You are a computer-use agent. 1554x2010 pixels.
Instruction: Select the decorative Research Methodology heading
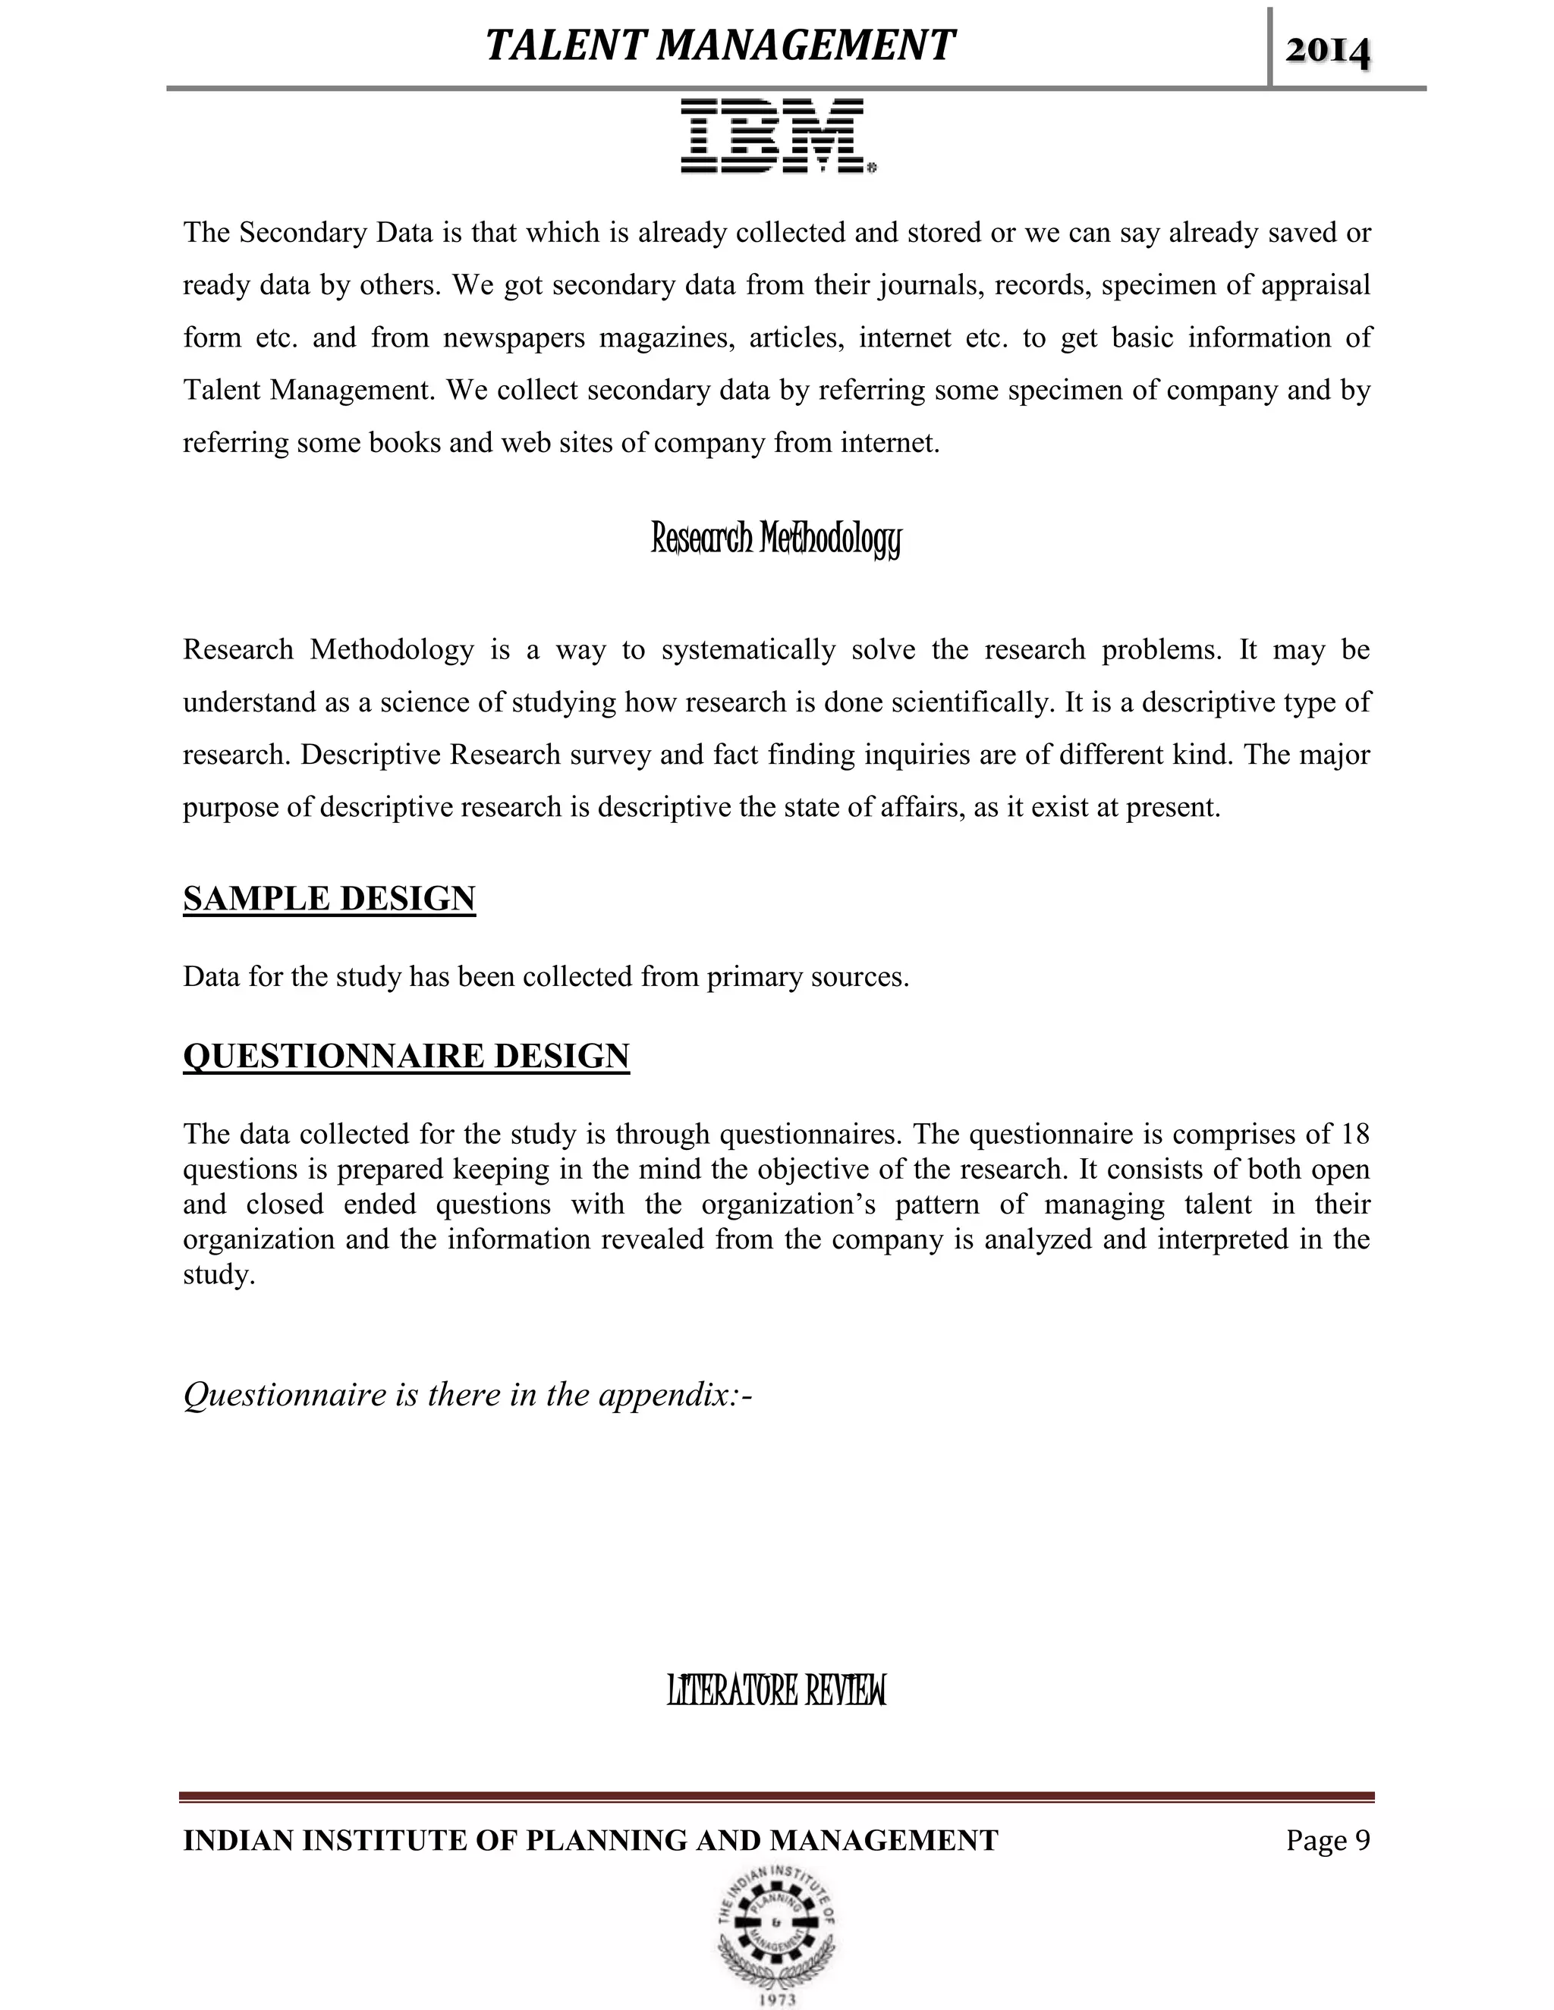775,539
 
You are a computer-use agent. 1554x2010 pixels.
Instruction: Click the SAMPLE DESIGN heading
329,898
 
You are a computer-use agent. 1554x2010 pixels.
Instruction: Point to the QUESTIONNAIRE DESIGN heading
406,1056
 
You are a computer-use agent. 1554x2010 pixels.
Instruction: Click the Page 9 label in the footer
1328,1840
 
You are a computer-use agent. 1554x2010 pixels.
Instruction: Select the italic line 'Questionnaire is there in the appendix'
467,1394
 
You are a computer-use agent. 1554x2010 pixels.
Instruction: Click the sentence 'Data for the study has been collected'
546,976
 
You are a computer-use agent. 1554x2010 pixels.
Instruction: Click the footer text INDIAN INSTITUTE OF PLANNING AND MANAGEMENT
590,1840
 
